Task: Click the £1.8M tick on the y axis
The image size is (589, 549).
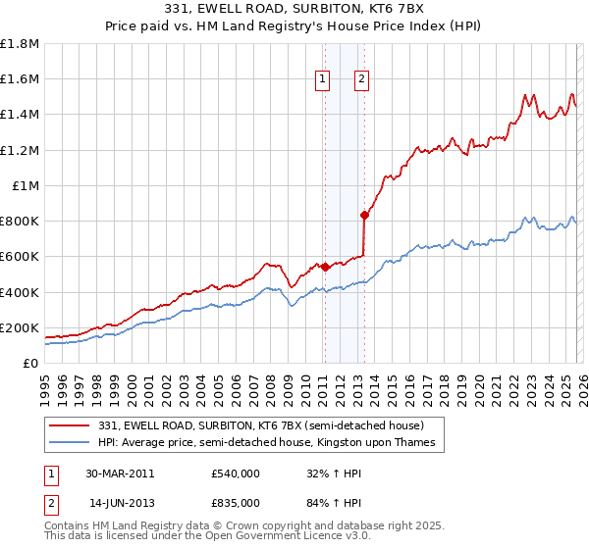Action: (20, 44)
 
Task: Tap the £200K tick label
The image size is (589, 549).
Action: (20, 327)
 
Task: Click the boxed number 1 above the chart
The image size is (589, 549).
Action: (323, 80)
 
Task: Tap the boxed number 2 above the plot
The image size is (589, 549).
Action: (361, 80)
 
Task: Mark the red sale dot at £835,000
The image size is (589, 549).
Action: (364, 215)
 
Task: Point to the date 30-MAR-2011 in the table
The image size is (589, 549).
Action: (120, 474)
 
